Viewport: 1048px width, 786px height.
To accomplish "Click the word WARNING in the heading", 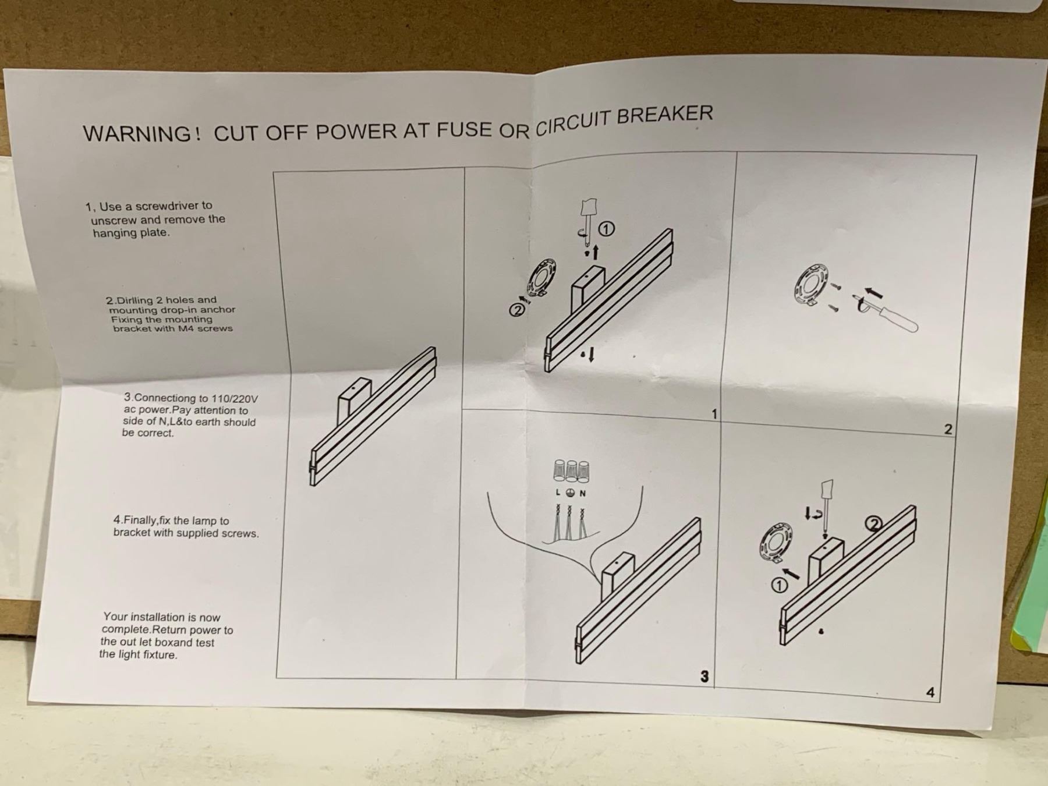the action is [137, 133].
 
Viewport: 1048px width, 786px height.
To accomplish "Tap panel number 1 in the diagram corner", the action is [714, 414].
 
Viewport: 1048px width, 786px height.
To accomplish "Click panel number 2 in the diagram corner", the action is [948, 429].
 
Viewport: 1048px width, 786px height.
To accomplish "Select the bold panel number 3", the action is [704, 676].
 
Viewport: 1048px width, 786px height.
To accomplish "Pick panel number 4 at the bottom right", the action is [930, 692].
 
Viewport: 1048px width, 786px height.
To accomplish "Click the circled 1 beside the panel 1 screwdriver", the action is [606, 229].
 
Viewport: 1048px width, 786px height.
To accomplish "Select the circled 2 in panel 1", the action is [516, 310].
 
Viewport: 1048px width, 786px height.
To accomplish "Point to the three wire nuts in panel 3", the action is [571, 471].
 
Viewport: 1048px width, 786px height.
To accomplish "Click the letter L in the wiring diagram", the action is [558, 493].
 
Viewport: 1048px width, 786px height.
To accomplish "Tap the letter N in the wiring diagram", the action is [583, 493].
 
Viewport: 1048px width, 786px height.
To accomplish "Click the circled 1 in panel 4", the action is [779, 585].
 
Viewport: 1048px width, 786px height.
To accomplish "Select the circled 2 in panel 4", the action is [873, 525].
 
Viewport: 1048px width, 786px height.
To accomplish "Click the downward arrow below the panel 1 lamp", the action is [591, 354].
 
